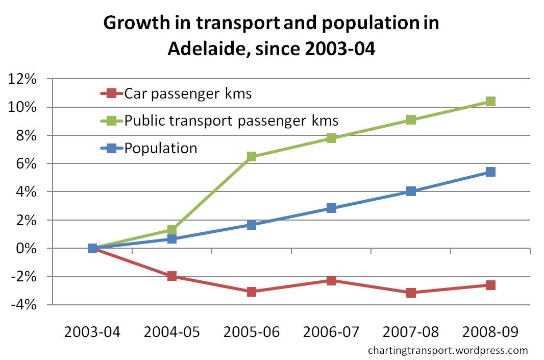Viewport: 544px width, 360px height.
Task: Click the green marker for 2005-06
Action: click(252, 156)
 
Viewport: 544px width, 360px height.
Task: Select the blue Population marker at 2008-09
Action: click(490, 172)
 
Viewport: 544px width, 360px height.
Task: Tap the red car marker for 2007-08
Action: click(411, 293)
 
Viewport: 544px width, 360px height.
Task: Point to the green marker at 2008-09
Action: click(490, 101)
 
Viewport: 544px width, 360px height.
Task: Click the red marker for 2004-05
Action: click(172, 276)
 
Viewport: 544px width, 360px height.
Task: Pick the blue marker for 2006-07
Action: click(331, 208)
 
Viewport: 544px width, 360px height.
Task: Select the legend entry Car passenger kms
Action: click(188, 93)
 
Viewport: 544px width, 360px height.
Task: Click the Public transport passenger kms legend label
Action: click(231, 121)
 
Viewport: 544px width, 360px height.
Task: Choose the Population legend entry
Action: click(161, 148)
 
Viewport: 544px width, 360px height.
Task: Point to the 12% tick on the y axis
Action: click(22, 79)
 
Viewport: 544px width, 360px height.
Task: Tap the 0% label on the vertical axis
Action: click(26, 249)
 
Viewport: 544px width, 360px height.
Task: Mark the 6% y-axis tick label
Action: click(26, 164)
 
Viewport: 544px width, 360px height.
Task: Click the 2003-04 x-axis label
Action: click(92, 332)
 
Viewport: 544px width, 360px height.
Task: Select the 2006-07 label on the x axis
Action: click(331, 332)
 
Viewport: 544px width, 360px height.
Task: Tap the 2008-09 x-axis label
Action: click(490, 332)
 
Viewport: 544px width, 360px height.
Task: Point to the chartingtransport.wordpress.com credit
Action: click(448, 350)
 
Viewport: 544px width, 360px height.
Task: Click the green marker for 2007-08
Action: click(411, 120)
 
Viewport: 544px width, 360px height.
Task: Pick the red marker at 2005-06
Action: click(252, 292)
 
